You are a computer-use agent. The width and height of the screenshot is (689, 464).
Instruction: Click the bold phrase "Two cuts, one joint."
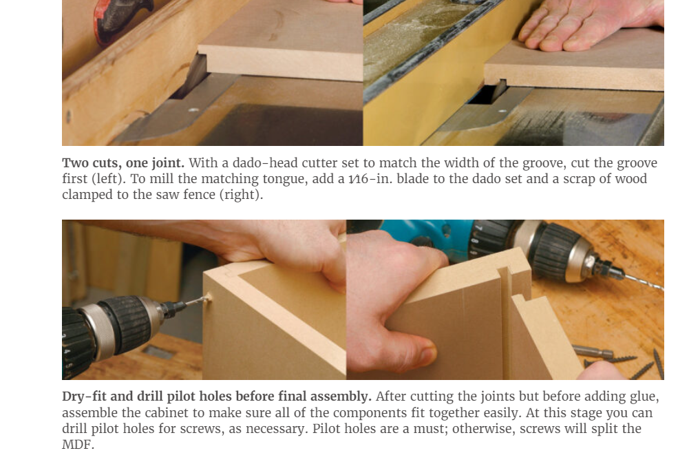click(x=123, y=163)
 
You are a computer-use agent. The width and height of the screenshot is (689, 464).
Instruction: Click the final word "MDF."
click(x=78, y=444)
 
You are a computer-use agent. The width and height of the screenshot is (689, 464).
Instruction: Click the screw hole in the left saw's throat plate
click(x=193, y=110)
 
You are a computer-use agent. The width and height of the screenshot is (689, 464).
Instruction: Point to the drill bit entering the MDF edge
click(x=195, y=302)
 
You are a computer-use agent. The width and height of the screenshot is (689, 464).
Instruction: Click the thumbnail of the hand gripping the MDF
click(x=425, y=353)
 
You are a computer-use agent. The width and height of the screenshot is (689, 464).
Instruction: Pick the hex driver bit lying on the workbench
click(x=593, y=351)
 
